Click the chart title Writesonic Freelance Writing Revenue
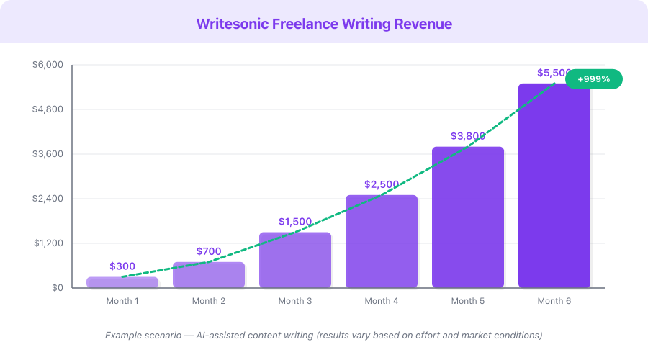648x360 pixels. tap(324, 24)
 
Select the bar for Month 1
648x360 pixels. tap(122, 282)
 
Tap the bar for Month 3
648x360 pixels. tap(295, 261)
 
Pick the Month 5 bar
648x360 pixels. tap(468, 217)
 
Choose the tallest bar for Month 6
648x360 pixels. tap(554, 186)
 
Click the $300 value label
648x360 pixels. tap(122, 266)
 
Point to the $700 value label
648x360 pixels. tap(209, 251)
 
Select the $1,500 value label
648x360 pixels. tap(295, 222)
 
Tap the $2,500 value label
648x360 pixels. tap(382, 184)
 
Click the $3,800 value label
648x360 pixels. tap(468, 136)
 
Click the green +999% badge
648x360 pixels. tap(593, 79)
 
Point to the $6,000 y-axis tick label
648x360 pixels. tap(48, 65)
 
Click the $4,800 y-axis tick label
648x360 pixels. tap(48, 109)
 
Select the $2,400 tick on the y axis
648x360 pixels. tap(48, 199)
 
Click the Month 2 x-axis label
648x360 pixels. tap(209, 301)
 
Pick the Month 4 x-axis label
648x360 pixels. tap(382, 301)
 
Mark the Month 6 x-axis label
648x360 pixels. tap(554, 301)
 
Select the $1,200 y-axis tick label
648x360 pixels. tap(48, 243)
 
